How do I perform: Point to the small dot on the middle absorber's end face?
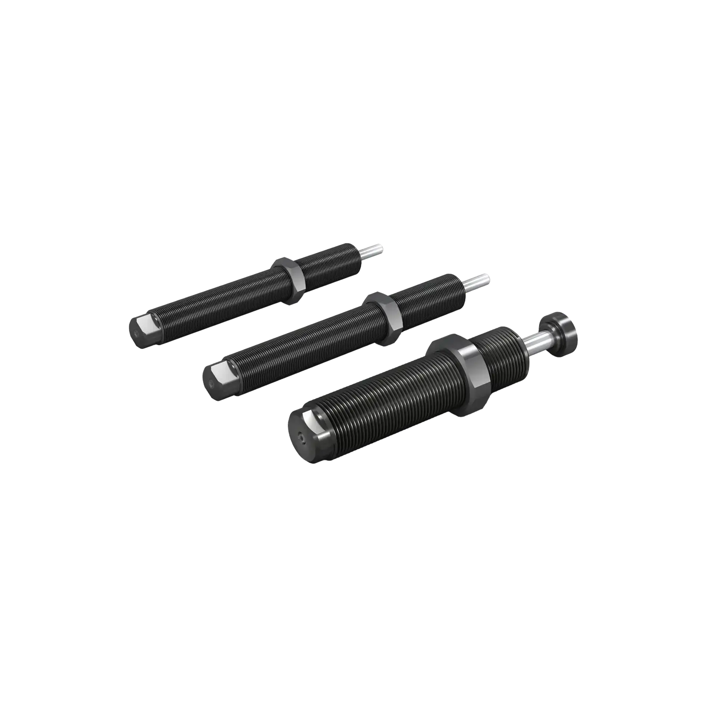[x=211, y=383]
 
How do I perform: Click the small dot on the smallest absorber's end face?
[x=137, y=333]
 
